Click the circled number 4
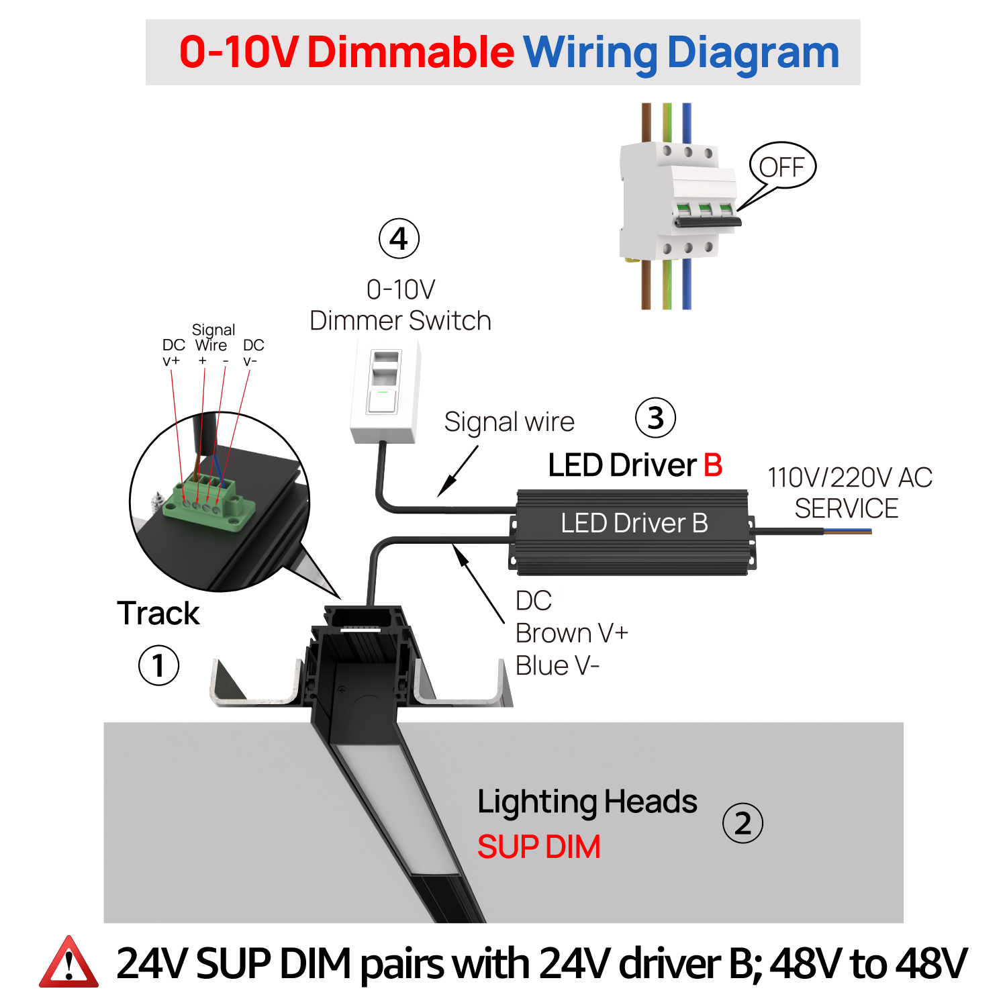[399, 238]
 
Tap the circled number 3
[655, 417]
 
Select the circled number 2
[742, 823]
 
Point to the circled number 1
[158, 665]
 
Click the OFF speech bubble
[782, 166]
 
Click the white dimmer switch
[385, 391]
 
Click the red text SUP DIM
[538, 847]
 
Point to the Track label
[158, 613]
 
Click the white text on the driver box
[634, 523]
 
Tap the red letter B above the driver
[713, 465]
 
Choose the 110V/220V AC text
[850, 477]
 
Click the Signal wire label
[510, 422]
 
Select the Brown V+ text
[572, 633]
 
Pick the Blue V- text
[557, 666]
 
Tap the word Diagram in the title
[753, 54]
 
